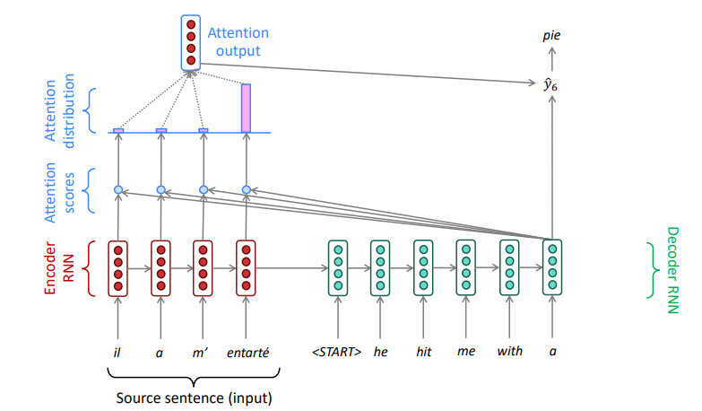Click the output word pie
coord(551,36)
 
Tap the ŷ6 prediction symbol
coord(550,84)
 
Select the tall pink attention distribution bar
coord(246,108)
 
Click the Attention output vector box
coord(191,42)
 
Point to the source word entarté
coord(247,353)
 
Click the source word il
coord(117,353)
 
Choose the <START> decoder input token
coord(337,352)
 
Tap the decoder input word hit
coord(423,352)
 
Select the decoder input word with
coord(509,351)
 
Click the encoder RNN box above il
coord(117,268)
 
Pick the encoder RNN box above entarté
coord(246,268)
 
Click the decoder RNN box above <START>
coord(338,267)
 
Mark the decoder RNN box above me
coord(466,267)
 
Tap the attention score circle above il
coord(118,190)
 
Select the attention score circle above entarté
coord(247,190)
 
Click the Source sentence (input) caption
coord(194,398)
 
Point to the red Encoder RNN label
coord(58,268)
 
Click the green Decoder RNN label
coord(673,270)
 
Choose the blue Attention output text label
coord(238,41)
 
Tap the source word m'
coord(200,353)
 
